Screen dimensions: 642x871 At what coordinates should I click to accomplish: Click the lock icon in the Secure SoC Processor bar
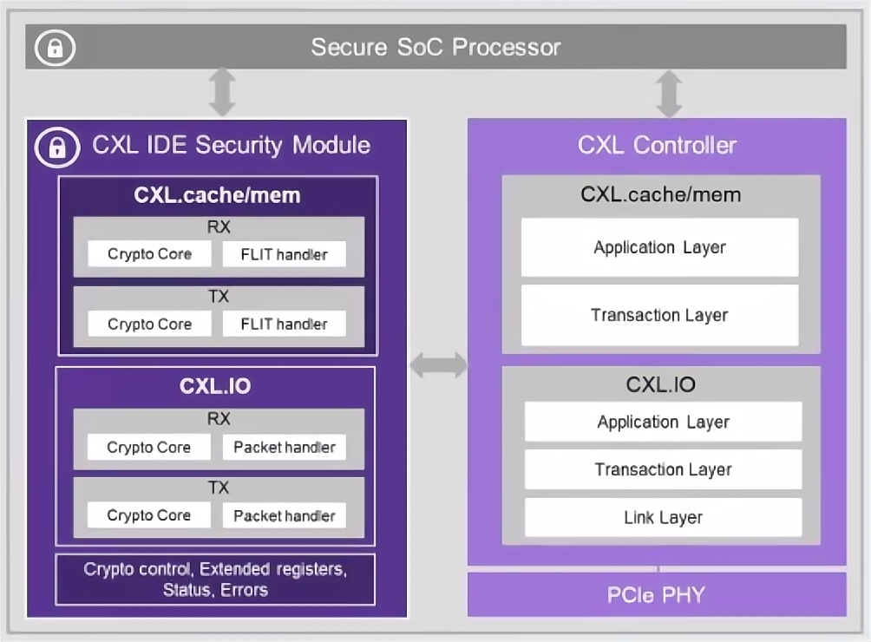[55, 48]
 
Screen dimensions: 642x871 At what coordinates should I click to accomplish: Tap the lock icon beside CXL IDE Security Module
[57, 147]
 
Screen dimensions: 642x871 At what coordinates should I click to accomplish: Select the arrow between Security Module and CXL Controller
[438, 364]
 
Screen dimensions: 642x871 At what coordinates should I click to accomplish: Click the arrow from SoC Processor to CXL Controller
[669, 94]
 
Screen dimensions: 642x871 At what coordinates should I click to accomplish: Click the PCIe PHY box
[657, 595]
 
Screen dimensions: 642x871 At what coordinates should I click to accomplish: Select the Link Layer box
[663, 518]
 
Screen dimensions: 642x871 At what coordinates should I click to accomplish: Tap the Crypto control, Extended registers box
[215, 580]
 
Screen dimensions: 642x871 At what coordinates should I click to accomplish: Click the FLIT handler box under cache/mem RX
[285, 254]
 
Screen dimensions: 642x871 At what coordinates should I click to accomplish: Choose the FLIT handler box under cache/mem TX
[285, 324]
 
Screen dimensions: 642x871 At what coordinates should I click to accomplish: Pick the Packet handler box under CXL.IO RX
[285, 448]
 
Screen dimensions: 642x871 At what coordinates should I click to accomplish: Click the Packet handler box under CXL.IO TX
[285, 515]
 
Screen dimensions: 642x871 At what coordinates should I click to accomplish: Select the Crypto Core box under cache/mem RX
[149, 254]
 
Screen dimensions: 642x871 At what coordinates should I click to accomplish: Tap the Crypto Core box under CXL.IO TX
[149, 515]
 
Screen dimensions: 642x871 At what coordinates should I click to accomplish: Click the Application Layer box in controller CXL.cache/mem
[659, 247]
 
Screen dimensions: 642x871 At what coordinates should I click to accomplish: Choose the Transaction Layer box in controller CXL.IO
[663, 470]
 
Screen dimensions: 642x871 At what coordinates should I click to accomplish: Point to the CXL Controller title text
[657, 144]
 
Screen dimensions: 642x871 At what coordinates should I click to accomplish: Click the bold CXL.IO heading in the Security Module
[215, 386]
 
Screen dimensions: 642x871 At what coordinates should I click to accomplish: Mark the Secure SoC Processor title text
[435, 47]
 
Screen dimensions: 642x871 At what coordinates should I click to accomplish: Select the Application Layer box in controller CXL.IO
[663, 423]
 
